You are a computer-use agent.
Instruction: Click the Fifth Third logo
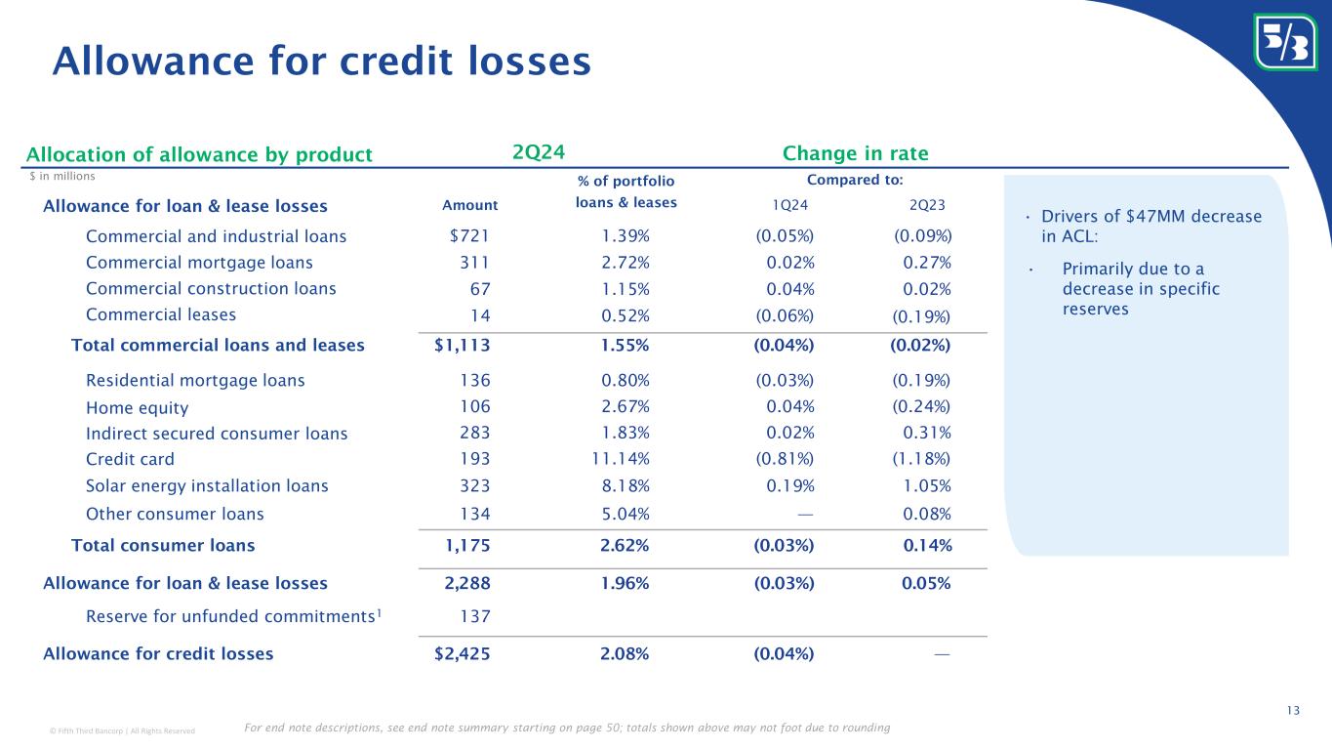point(1284,41)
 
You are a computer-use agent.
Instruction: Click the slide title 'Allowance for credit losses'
point(322,61)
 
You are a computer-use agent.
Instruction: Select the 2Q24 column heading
point(539,152)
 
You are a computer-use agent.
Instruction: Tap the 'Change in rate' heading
point(855,153)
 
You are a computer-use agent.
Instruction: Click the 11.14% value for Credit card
point(625,459)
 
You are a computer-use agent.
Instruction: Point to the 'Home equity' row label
point(137,407)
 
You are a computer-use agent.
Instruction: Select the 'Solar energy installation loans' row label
point(207,485)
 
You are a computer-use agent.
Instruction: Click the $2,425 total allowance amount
point(462,653)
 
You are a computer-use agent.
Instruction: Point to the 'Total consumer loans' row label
point(163,545)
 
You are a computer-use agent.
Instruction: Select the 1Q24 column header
point(789,205)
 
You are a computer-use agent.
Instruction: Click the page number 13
point(1293,710)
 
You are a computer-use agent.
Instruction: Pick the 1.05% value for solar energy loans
point(928,485)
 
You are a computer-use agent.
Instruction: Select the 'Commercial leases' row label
point(160,314)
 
